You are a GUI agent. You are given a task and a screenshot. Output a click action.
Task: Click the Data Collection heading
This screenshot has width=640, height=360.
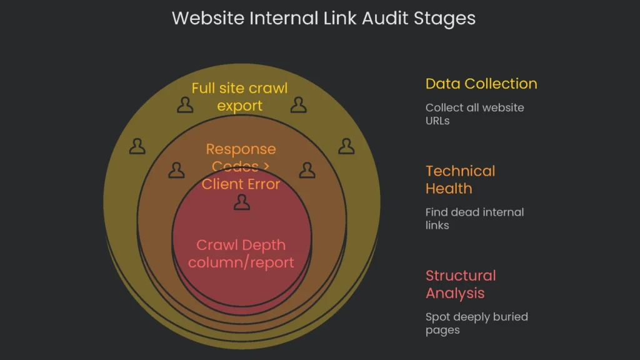pos(481,84)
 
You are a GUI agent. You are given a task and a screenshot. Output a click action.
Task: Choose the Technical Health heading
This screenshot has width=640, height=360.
pos(460,179)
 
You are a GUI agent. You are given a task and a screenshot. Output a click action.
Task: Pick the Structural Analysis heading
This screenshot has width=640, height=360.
pos(460,284)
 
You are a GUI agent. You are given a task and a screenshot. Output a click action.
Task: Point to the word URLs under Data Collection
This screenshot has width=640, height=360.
pos(437,121)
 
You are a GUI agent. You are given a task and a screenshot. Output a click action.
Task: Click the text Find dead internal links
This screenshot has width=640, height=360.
pos(474,218)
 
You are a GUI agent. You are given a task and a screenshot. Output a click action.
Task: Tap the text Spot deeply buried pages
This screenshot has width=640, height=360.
pos(476,322)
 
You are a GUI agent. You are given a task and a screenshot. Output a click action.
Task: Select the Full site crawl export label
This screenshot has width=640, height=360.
pos(239,97)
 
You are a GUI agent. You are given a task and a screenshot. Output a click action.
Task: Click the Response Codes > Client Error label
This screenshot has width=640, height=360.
pos(241,166)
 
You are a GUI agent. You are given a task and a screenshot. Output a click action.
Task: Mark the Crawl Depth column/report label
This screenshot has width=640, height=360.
pos(241,253)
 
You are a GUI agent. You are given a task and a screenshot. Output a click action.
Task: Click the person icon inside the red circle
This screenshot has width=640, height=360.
pos(241,202)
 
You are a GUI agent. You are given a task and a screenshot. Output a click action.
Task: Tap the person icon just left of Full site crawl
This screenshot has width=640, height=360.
pos(185,105)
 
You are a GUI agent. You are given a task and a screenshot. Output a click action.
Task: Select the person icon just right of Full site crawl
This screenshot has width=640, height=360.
pos(298,105)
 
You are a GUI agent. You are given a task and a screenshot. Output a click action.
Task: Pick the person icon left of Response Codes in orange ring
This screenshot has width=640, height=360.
pos(177,170)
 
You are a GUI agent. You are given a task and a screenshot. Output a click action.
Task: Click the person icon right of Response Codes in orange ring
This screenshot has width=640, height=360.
pos(306,170)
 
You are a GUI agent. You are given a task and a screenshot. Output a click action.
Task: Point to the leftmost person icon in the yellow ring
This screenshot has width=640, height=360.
pos(137,146)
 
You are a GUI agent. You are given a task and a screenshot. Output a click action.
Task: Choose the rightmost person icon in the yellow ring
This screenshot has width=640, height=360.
pos(346,146)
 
